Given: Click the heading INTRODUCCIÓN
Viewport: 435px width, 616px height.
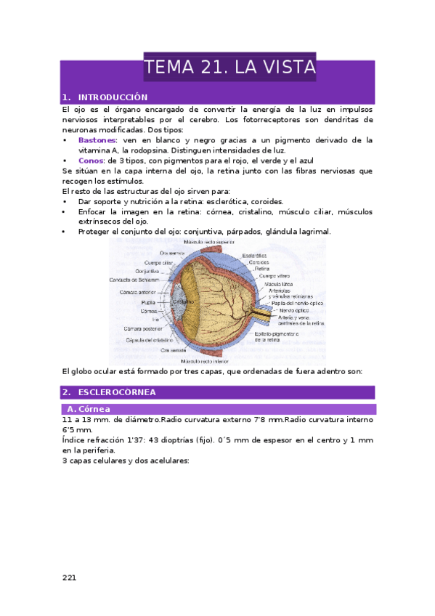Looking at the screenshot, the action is (113, 97).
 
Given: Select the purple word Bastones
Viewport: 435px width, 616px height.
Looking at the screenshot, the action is (97, 139).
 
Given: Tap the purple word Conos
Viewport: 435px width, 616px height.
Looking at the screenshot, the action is (91, 161).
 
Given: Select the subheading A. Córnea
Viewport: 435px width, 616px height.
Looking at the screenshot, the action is (88, 410).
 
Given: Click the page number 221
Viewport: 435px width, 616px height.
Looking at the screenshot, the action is (70, 577).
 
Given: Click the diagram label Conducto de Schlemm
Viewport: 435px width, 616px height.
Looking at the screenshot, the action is (140, 279).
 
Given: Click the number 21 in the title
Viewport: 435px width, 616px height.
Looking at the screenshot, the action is (207, 68).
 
